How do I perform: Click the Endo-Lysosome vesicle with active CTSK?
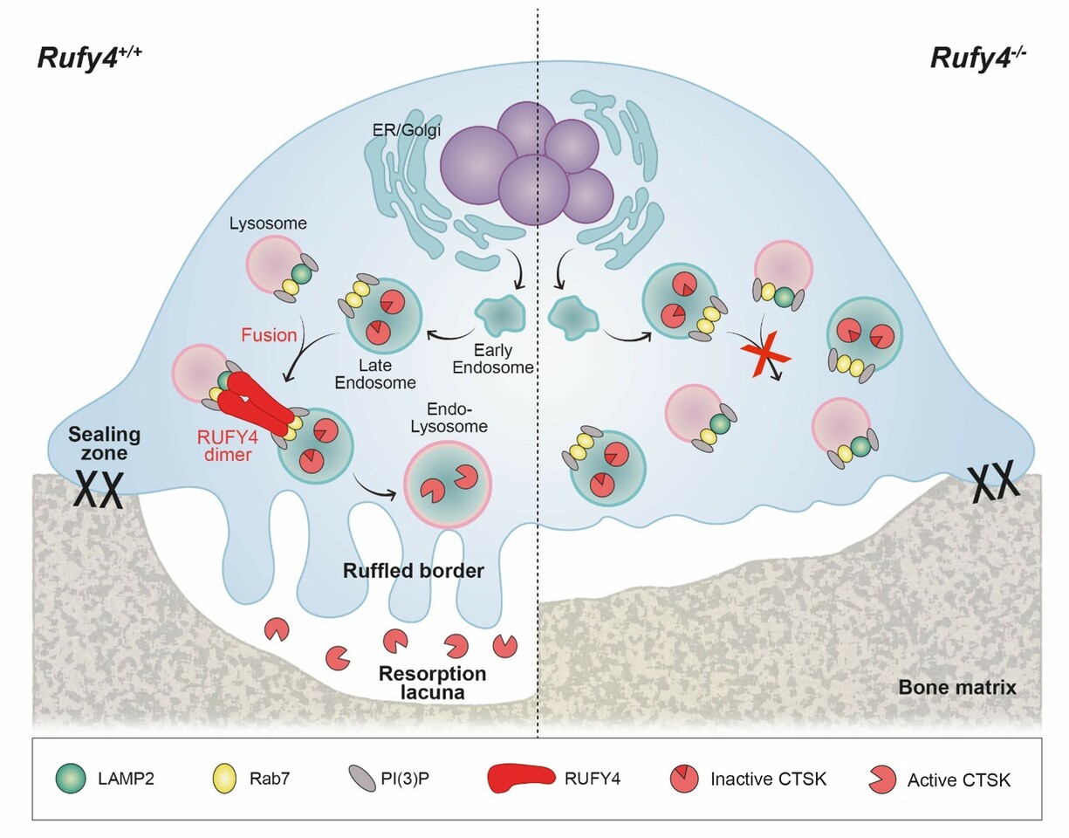click(x=448, y=484)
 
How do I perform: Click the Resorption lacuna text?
click(x=432, y=683)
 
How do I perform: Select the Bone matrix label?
click(x=957, y=688)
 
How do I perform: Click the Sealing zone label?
click(x=105, y=444)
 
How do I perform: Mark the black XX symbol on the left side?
click(x=96, y=491)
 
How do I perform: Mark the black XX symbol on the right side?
click(x=995, y=479)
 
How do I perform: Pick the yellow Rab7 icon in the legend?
click(x=223, y=779)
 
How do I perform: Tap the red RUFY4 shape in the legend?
click(x=520, y=779)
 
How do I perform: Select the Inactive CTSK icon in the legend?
click(x=684, y=779)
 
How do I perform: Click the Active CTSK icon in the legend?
click(x=882, y=779)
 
